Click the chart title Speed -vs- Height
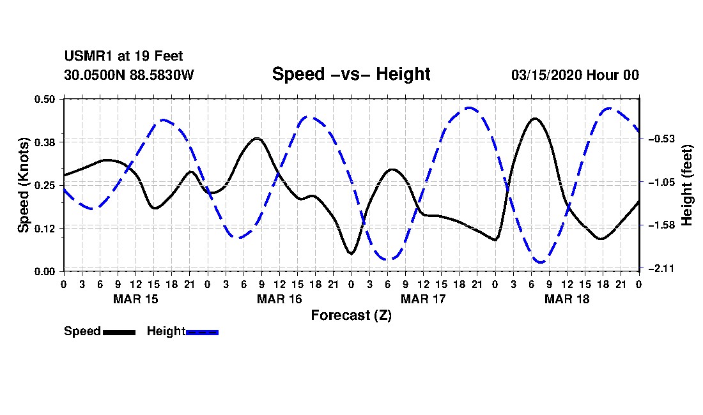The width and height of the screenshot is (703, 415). pos(351,74)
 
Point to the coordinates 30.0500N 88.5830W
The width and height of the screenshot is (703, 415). pos(128,75)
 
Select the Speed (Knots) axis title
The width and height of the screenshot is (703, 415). pos(24,185)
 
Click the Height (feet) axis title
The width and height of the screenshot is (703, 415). pos(688,185)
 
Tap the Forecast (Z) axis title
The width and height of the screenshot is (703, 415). pos(351,315)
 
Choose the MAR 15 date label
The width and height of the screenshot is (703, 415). pos(135,299)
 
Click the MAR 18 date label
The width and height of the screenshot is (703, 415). pos(567,299)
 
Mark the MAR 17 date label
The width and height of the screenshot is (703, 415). pos(423,299)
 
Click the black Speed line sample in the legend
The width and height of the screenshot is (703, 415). pos(119,332)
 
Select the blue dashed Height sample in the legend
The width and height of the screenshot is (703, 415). pos(202,332)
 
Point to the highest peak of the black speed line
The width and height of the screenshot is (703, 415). pos(536,119)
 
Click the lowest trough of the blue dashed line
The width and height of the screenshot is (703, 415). pos(541,262)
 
